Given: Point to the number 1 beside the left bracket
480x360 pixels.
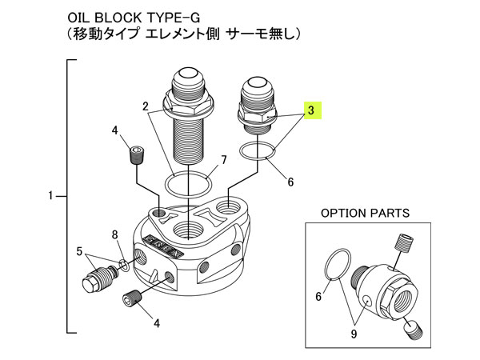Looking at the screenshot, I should tap(50, 195).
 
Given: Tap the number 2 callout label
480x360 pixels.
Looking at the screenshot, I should tap(146, 106).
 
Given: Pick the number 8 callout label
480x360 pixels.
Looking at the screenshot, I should tap(115, 234).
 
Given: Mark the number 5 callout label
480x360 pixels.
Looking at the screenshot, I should tap(79, 250).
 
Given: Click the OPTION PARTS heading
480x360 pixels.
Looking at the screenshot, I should tap(365, 214).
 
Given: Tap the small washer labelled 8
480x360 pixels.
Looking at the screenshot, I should tap(122, 265).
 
